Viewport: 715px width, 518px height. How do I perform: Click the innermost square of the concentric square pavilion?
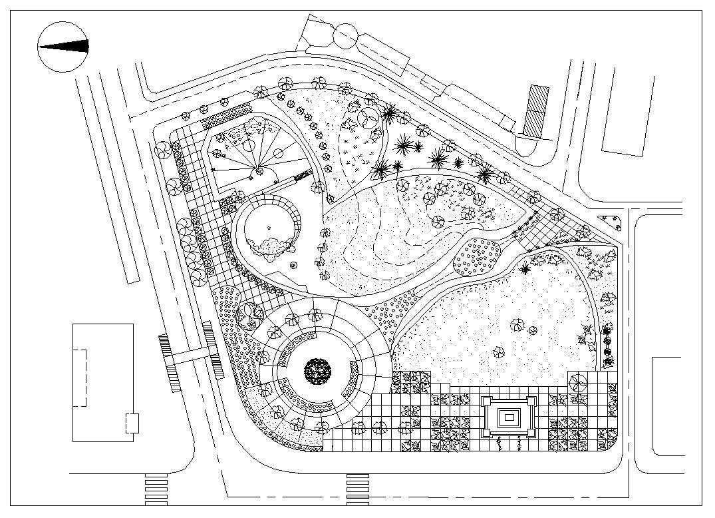pos(509,417)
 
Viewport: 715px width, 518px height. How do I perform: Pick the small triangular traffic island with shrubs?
pos(611,222)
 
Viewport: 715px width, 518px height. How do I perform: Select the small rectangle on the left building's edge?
pos(132,423)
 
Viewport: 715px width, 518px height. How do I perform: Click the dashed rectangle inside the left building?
pos(79,378)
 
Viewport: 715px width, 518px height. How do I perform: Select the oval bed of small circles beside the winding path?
pos(478,256)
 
